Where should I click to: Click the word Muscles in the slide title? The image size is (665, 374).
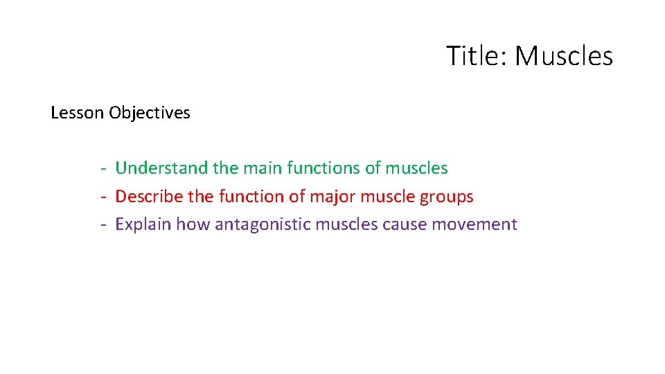pos(564,56)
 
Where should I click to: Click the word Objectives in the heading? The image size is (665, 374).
pos(150,113)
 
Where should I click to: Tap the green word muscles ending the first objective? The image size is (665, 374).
pos(416,168)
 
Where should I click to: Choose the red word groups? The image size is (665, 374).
pos(447,197)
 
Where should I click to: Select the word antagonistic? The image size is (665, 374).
pos(263,224)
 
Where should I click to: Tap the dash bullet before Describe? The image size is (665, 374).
pos(102,197)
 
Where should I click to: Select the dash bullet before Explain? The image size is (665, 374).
pos(102,225)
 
